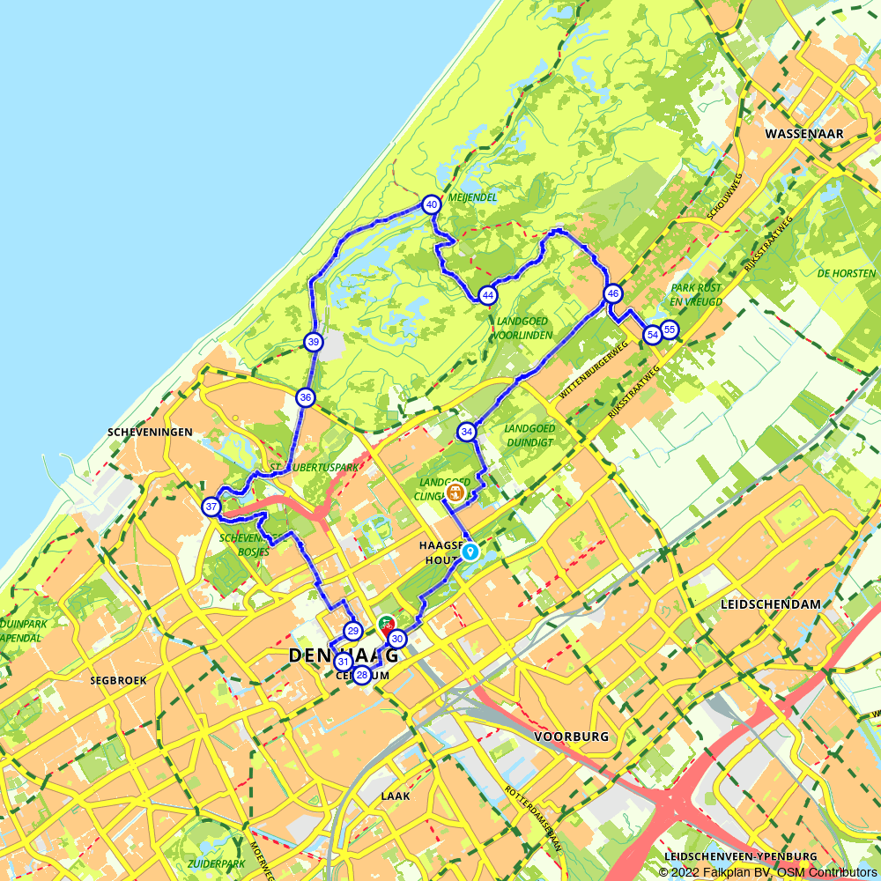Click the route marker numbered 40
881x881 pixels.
[431, 204]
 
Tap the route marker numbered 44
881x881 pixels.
[487, 295]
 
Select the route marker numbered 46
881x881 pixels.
[613, 293]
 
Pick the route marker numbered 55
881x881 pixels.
[670, 329]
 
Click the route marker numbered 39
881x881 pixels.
[313, 342]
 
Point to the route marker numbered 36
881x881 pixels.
[305, 397]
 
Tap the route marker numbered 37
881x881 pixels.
[211, 507]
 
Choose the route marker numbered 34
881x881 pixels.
[467, 432]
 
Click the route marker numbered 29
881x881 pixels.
[352, 631]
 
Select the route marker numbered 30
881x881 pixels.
[397, 639]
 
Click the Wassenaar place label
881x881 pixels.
[804, 134]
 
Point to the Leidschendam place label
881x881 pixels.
[770, 604]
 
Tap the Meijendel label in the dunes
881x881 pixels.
[472, 197]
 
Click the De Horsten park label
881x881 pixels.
[846, 273]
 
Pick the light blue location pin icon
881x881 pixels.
[471, 552]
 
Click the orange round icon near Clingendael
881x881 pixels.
[455, 492]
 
